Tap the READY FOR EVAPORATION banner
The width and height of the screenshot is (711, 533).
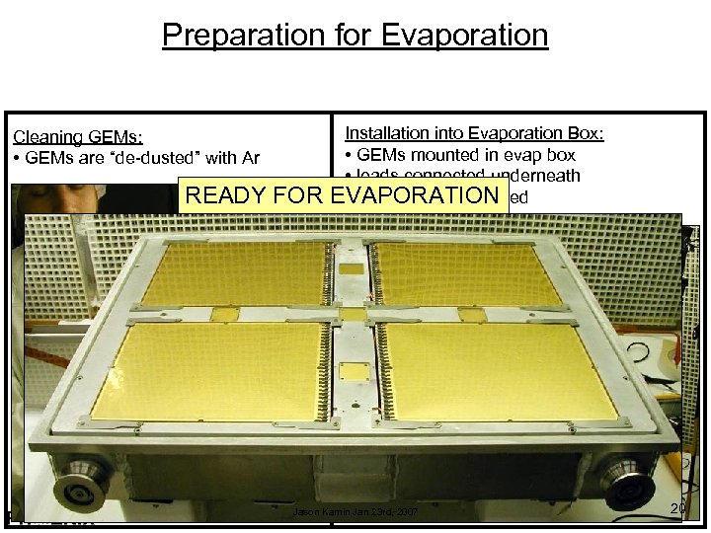[342, 194]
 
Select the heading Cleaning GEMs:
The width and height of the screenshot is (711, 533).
[77, 138]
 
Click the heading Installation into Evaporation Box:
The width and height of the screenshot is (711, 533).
[474, 133]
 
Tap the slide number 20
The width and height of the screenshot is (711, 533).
[677, 507]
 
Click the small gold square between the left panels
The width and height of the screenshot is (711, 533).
[226, 314]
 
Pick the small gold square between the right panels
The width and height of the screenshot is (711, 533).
[472, 315]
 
